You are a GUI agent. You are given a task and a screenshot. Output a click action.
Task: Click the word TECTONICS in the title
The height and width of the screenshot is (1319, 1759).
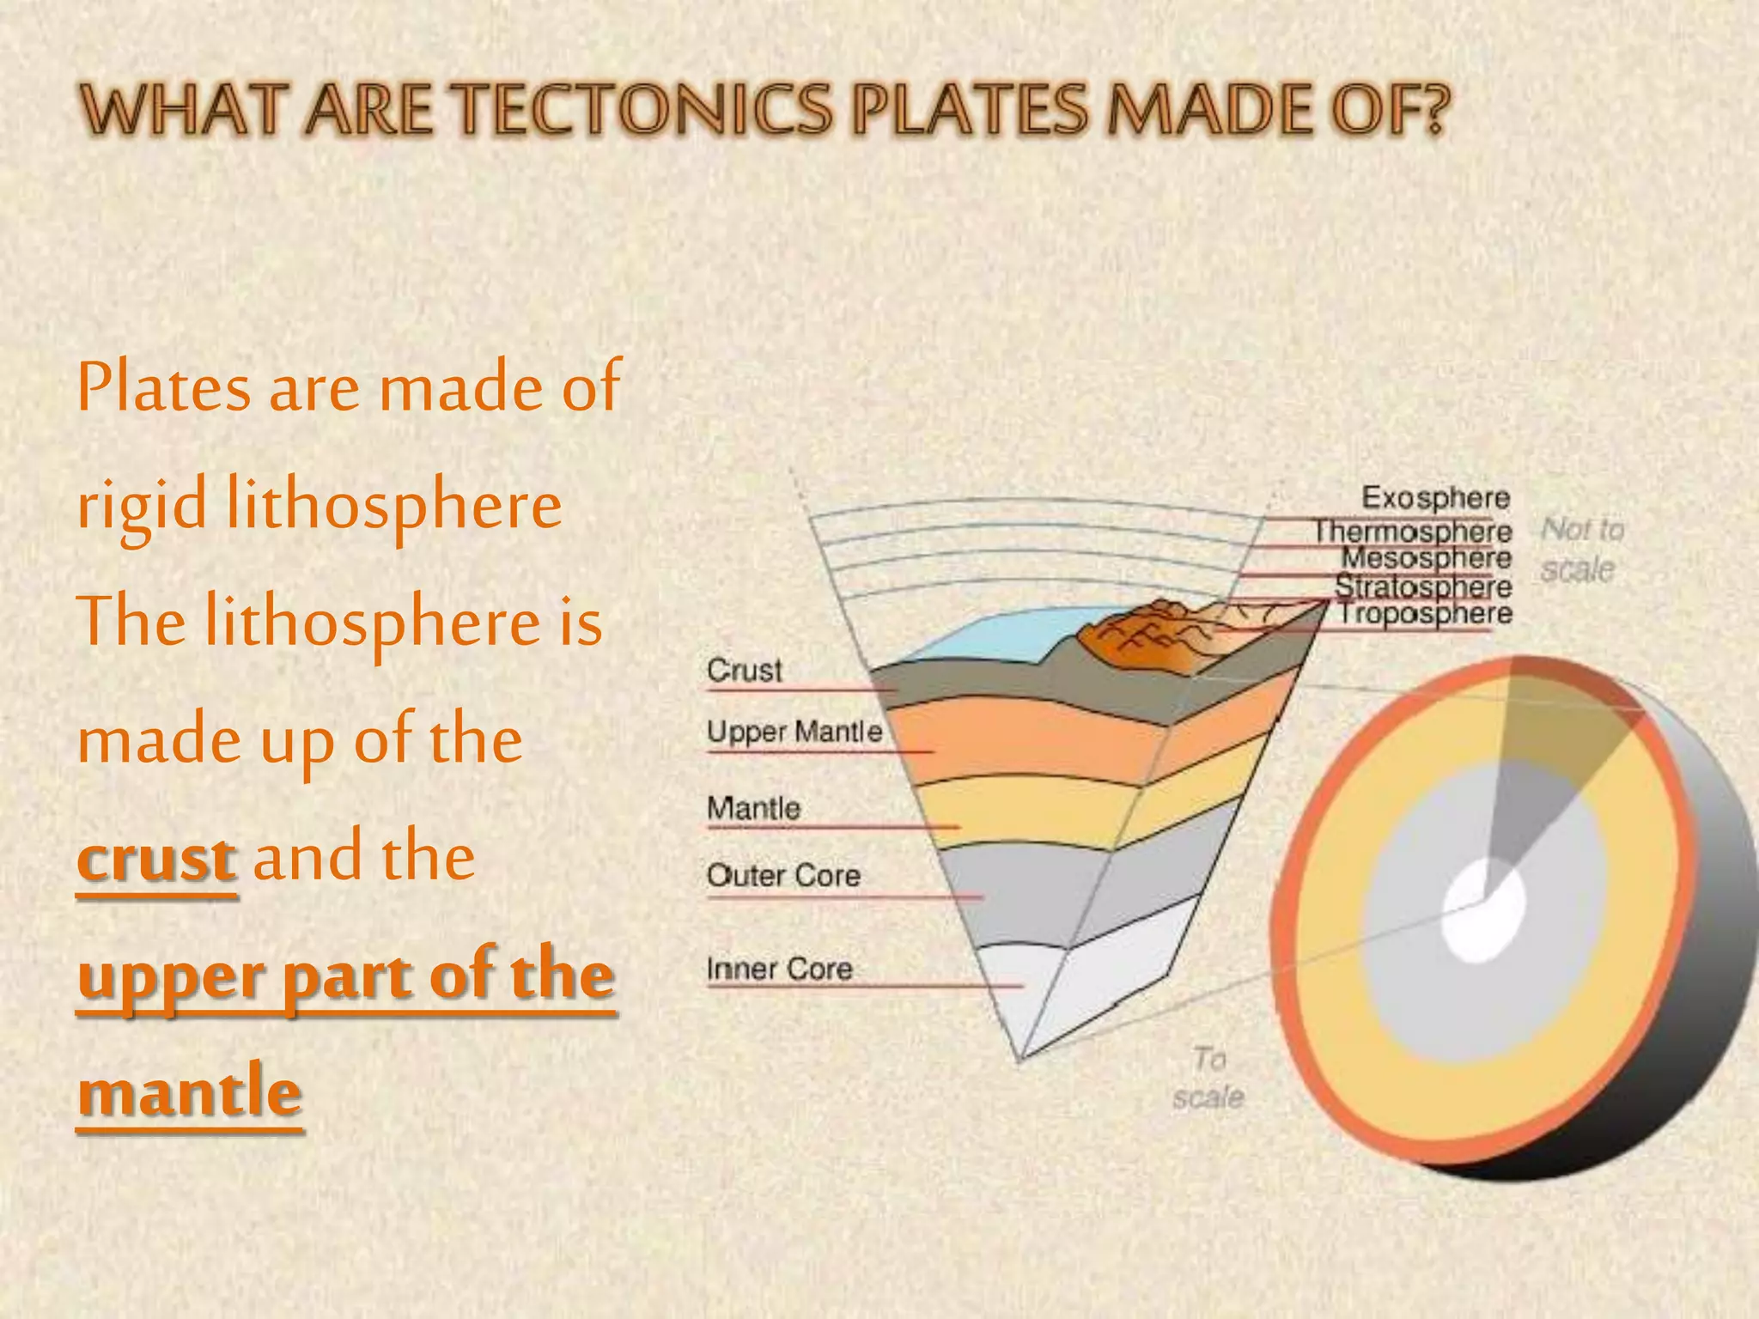tap(644, 110)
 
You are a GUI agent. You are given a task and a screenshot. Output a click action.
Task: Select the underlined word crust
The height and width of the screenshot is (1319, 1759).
tap(156, 858)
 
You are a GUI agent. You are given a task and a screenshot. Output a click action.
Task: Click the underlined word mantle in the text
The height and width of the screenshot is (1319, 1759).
tap(190, 1092)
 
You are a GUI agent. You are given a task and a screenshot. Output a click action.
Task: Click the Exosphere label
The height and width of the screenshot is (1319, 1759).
tap(1435, 498)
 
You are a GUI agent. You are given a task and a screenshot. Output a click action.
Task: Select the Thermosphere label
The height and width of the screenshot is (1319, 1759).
tap(1413, 532)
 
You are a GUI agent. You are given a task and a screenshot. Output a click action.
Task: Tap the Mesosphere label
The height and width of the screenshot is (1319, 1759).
tap(1427, 558)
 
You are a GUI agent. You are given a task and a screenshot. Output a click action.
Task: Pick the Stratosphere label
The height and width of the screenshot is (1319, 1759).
tap(1423, 587)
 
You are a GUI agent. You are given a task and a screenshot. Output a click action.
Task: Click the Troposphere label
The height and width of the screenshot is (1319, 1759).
tap(1426, 614)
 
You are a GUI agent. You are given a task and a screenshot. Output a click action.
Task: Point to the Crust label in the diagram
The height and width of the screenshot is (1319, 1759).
tap(744, 670)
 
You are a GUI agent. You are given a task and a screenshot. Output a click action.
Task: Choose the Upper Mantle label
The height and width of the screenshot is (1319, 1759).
tap(794, 732)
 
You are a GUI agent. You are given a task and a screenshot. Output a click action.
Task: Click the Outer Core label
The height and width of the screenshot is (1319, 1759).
tap(783, 876)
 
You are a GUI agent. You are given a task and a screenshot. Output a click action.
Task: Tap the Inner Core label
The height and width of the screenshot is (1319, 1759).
tap(779, 969)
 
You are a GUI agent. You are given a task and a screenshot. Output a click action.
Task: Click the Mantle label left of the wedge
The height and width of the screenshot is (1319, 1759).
tap(753, 808)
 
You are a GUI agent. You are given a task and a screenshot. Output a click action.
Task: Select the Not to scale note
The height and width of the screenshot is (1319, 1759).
tap(1581, 550)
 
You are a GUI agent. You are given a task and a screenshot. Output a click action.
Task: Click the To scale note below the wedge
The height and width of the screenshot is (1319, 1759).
tap(1208, 1078)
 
